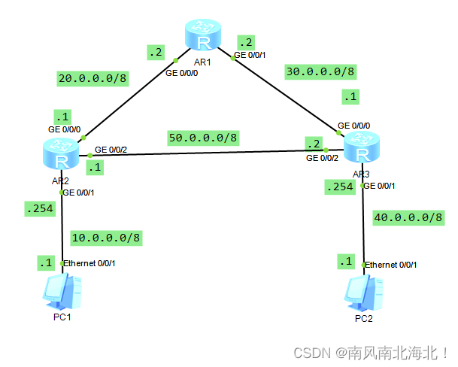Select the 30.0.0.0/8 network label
320,71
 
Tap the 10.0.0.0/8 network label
105,238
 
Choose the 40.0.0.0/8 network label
407,218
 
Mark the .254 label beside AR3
339,187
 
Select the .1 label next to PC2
346,262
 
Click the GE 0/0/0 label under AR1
184,74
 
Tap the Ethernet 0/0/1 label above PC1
90,263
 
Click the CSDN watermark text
372,353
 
